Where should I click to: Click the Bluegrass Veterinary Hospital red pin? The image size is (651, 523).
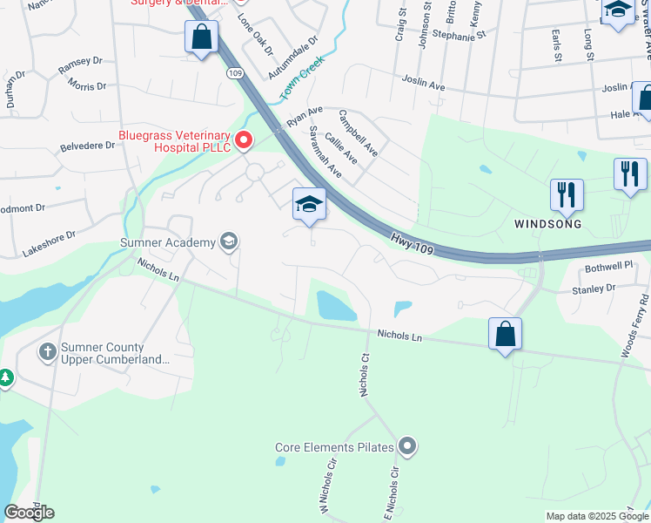(x=245, y=139)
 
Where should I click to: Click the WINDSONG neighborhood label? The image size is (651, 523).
(x=547, y=223)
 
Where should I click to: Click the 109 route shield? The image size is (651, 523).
(x=235, y=74)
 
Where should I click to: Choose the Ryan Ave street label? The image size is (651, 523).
(x=305, y=116)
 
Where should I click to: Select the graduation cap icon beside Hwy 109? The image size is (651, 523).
(x=309, y=205)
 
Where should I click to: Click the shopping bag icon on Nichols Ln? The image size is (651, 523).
(x=505, y=333)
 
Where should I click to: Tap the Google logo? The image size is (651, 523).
(x=29, y=513)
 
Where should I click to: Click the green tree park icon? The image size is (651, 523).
(x=6, y=378)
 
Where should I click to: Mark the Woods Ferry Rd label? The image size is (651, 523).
(x=635, y=325)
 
